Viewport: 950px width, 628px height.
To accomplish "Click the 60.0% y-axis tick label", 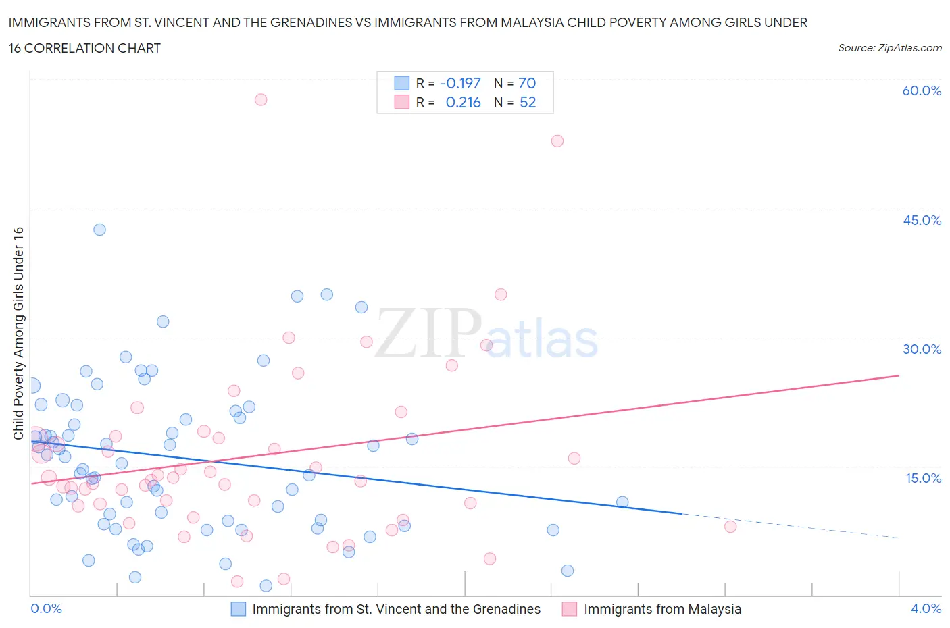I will point(922,90).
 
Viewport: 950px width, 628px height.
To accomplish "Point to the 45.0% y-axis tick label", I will point(922,220).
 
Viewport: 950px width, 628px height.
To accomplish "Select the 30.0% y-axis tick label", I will point(922,349).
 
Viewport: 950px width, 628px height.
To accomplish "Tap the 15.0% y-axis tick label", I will point(922,478).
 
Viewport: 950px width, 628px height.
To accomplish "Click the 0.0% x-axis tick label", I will point(46,608).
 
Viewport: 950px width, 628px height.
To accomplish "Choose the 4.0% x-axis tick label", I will point(926,608).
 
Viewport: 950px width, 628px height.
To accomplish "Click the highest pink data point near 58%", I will point(261,99).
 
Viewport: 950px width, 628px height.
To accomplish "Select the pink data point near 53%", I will point(557,141).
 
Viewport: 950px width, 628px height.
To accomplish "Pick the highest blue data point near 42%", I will point(99,230).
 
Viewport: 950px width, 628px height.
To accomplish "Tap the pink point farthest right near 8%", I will point(730,527).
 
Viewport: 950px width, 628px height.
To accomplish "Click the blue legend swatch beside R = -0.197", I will point(402,83).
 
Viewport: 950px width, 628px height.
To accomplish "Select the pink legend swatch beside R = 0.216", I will point(402,102).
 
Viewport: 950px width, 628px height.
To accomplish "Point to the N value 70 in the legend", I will point(527,83).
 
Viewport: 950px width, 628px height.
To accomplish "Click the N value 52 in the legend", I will point(527,102).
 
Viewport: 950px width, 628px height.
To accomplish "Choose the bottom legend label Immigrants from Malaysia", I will point(662,609).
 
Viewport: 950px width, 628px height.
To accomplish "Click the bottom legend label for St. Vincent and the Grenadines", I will point(396,609).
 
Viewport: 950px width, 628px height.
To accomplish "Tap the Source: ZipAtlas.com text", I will point(889,48).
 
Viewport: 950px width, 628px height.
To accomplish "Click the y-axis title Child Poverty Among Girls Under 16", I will point(19,333).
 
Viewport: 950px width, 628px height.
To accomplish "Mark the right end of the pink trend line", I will point(899,375).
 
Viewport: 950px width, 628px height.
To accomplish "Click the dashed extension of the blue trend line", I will point(791,525).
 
